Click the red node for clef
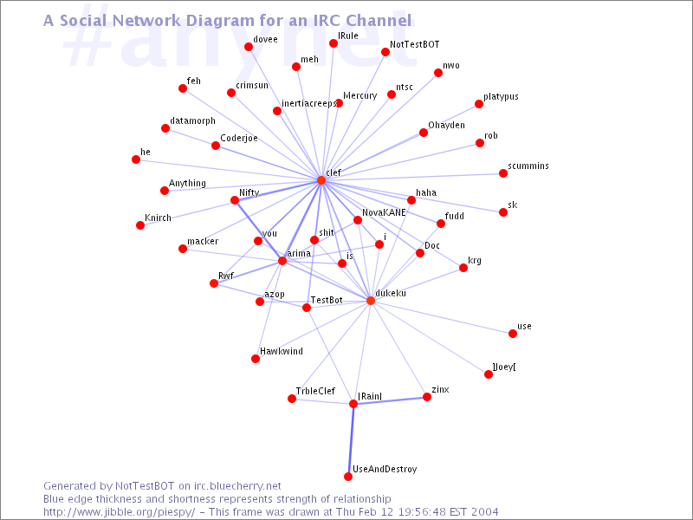click(x=321, y=180)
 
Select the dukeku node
click(x=371, y=301)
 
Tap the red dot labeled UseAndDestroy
click(x=348, y=476)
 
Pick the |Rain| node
click(x=353, y=404)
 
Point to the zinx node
click(x=427, y=397)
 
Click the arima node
click(x=282, y=261)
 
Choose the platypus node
click(x=479, y=104)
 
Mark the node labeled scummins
click(x=503, y=172)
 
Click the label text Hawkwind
click(x=281, y=351)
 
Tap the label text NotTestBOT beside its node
click(x=415, y=44)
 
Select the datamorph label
click(x=192, y=120)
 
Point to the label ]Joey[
click(x=504, y=367)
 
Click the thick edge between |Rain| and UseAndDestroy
click(x=351, y=440)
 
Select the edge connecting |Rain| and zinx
click(x=391, y=400)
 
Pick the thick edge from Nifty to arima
click(x=258, y=231)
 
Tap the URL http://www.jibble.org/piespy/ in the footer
click(x=119, y=512)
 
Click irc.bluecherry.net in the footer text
click(x=237, y=486)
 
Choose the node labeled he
click(x=136, y=159)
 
